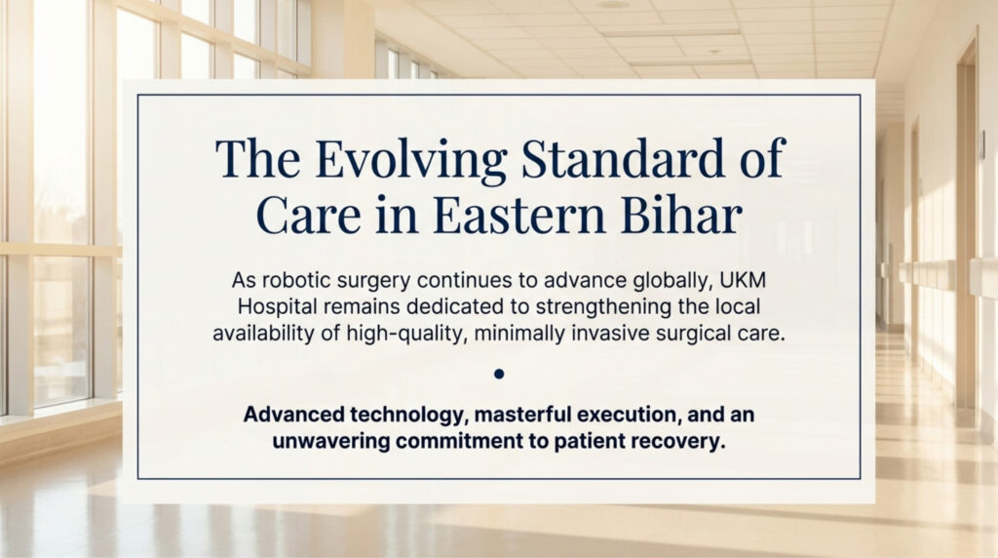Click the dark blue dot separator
tap(499, 374)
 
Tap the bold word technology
tap(413, 415)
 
